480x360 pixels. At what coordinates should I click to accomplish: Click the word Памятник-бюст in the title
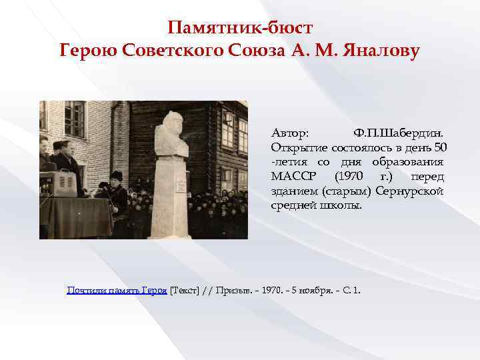[x=239, y=27]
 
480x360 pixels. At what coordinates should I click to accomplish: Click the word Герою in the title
[x=89, y=50]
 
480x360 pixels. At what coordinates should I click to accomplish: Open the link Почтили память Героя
[x=117, y=291]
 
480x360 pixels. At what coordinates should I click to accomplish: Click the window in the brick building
[x=75, y=119]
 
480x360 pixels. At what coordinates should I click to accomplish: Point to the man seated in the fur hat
[x=116, y=193]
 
